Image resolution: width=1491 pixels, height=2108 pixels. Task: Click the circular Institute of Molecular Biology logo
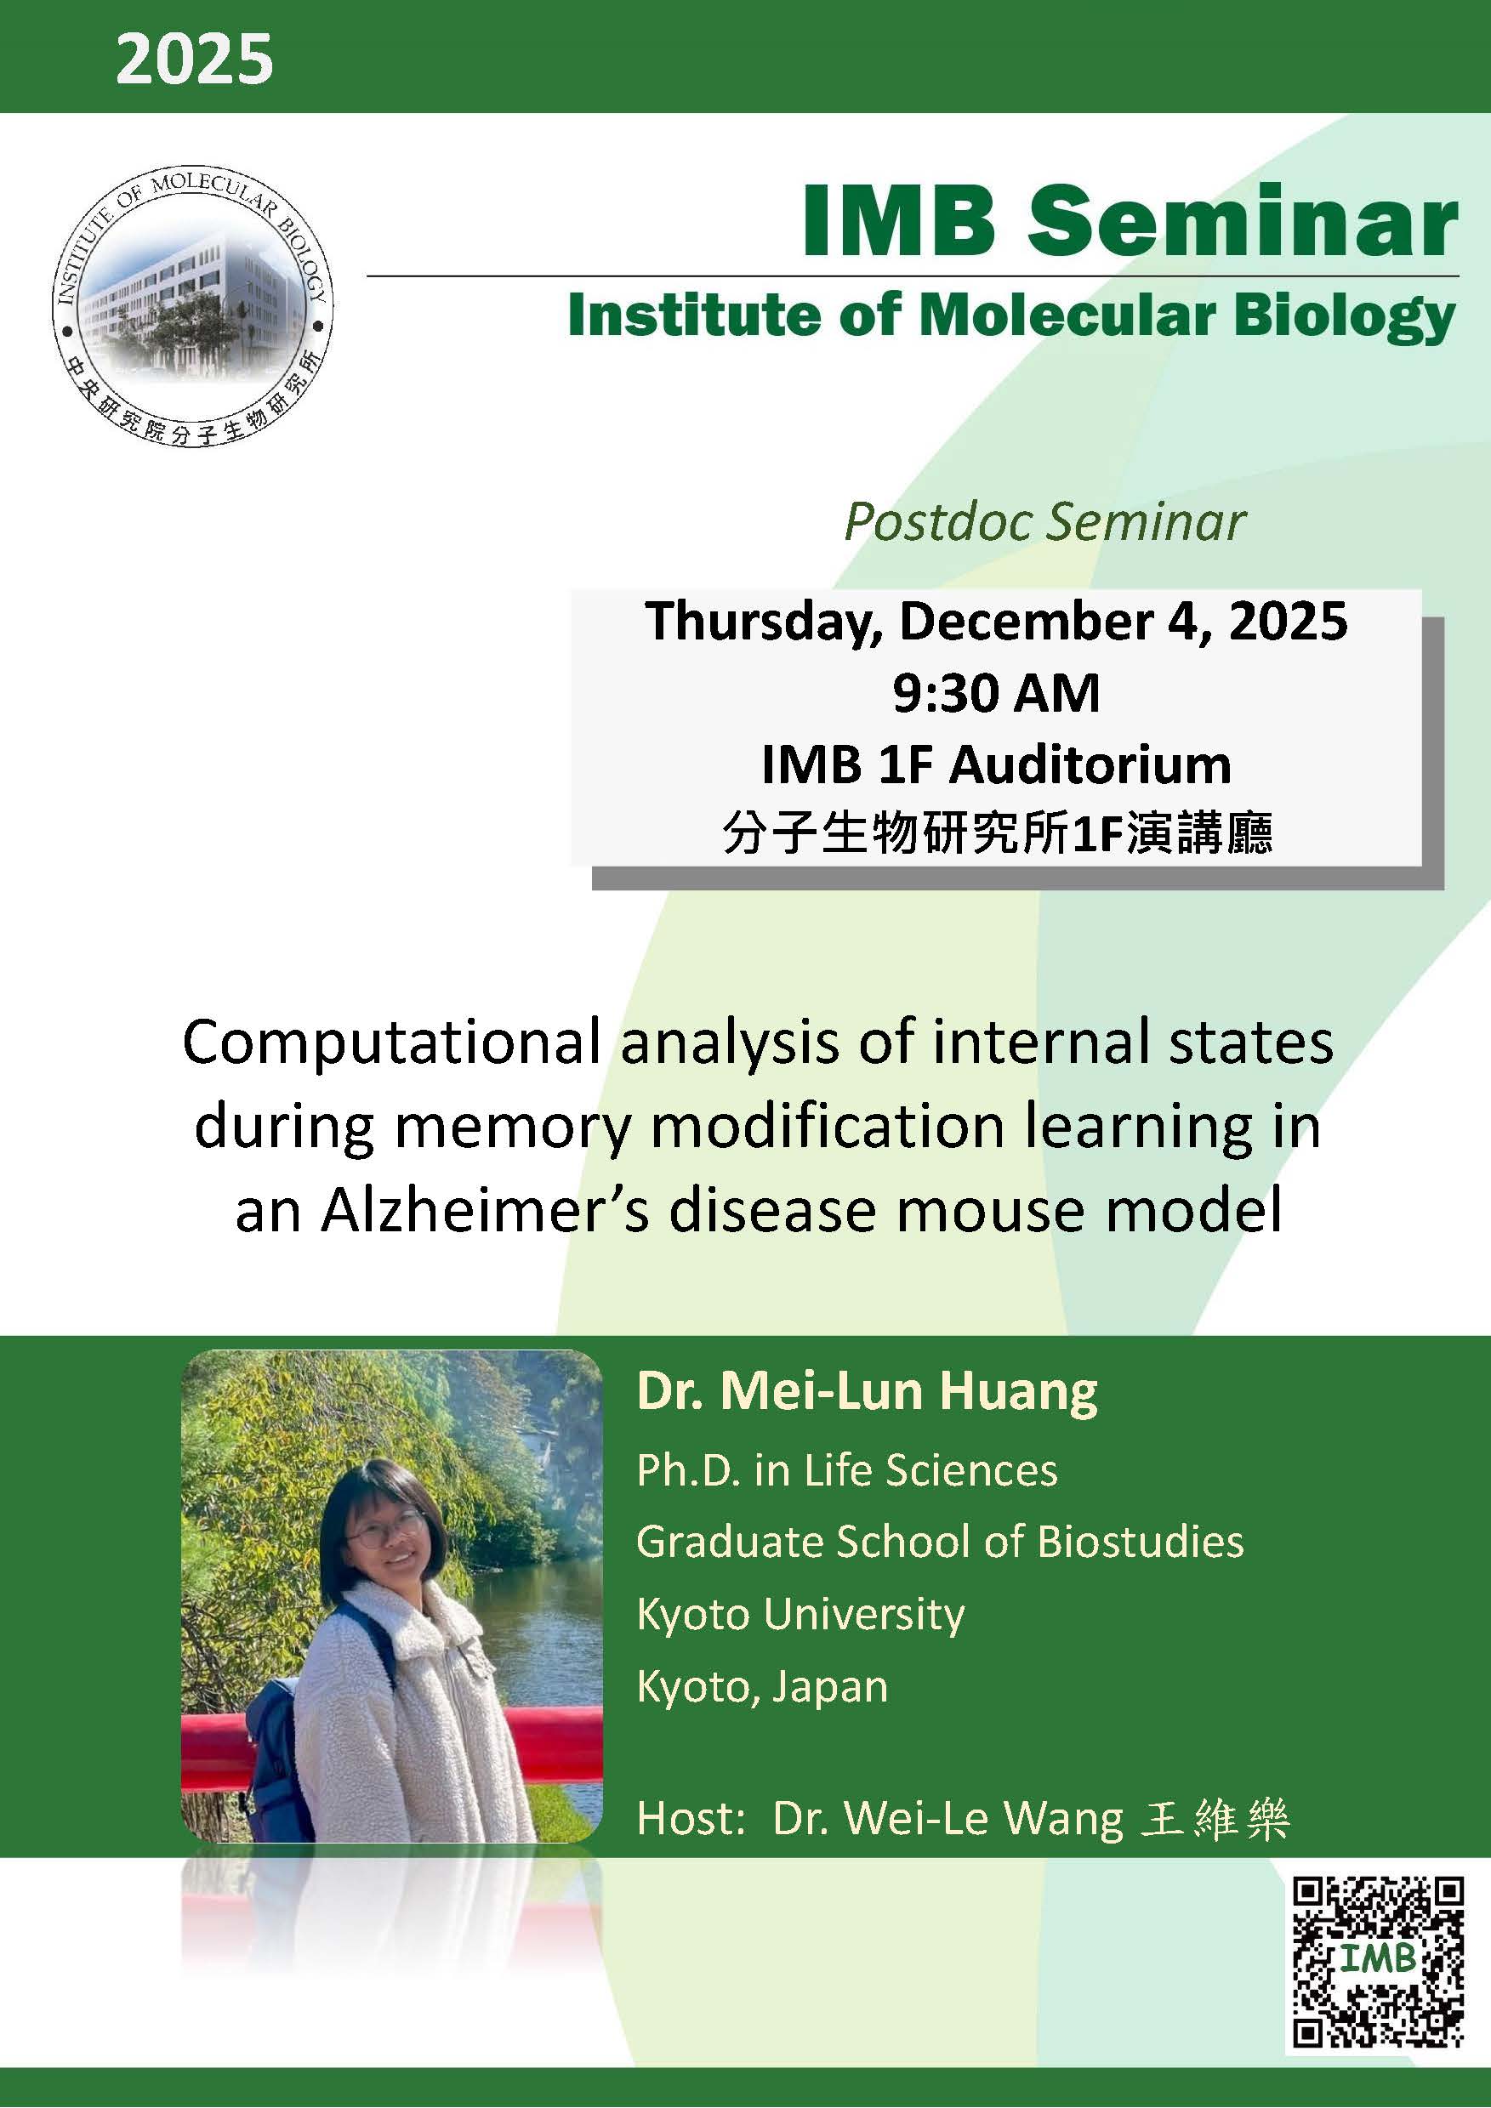coord(193,309)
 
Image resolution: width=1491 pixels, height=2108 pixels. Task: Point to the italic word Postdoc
coord(938,523)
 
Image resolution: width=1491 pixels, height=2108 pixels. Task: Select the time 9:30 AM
coord(995,693)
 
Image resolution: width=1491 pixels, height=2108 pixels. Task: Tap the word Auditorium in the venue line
coord(1090,764)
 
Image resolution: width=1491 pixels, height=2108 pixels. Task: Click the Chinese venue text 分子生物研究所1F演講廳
coord(997,834)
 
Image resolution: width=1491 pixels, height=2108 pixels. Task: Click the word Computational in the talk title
coord(392,1044)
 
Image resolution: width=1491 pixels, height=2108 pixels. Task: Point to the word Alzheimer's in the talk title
coord(485,1211)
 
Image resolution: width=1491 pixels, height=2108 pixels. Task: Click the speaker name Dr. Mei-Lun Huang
coord(867,1392)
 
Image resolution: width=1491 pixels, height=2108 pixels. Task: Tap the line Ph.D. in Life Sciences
coord(846,1471)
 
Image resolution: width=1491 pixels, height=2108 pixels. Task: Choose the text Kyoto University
coord(800,1614)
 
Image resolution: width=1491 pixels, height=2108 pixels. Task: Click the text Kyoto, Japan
coord(762,1686)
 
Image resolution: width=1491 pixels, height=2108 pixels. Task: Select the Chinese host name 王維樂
coord(1214,1819)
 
